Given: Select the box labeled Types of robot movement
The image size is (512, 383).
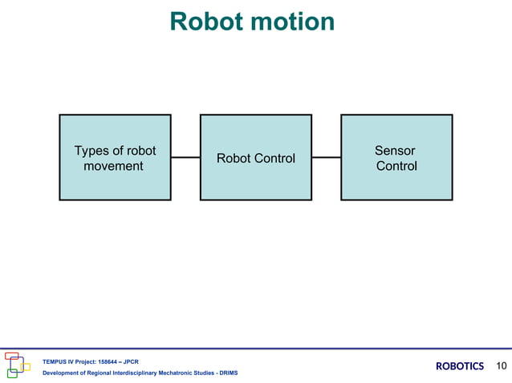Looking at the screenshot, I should tap(115, 157).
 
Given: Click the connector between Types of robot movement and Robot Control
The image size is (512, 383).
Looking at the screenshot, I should tap(185, 158).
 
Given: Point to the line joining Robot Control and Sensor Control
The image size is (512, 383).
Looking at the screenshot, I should tap(326, 158).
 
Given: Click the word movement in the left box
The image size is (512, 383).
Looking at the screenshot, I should tap(113, 167).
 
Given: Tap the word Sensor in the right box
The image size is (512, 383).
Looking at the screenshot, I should tap(395, 151).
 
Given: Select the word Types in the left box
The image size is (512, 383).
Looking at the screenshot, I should tap(91, 151).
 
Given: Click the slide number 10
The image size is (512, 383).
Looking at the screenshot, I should tap(502, 366).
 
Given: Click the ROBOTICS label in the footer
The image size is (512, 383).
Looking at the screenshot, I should tap(460, 366).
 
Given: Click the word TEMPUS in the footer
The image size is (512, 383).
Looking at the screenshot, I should tap(53, 362).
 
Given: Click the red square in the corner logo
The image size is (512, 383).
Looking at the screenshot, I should tap(11, 356).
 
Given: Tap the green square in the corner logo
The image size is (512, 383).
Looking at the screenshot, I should tap(12, 373).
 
